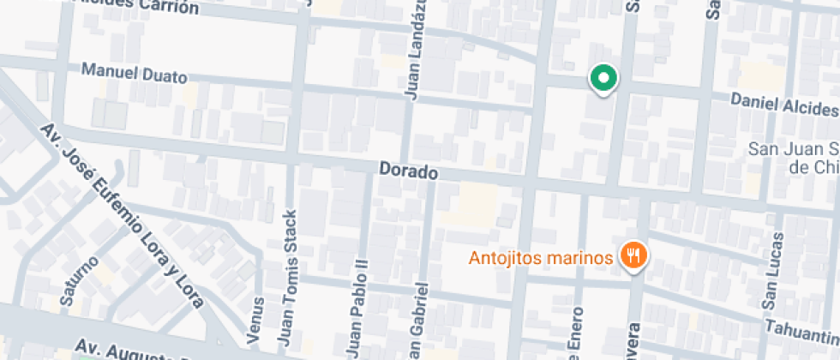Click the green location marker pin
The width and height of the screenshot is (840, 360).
pyautogui.click(x=604, y=80)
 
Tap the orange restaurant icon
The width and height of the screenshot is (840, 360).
pyautogui.click(x=634, y=255)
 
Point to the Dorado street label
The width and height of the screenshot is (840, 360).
pyautogui.click(x=408, y=172)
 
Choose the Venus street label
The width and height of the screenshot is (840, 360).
pyautogui.click(x=257, y=326)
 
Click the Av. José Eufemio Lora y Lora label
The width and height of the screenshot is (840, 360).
pyautogui.click(x=123, y=215)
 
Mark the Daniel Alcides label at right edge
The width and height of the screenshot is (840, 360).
pyautogui.click(x=783, y=105)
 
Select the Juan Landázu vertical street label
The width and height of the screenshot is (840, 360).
pyautogui.click(x=416, y=51)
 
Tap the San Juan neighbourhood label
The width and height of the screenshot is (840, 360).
pyautogui.click(x=794, y=156)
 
